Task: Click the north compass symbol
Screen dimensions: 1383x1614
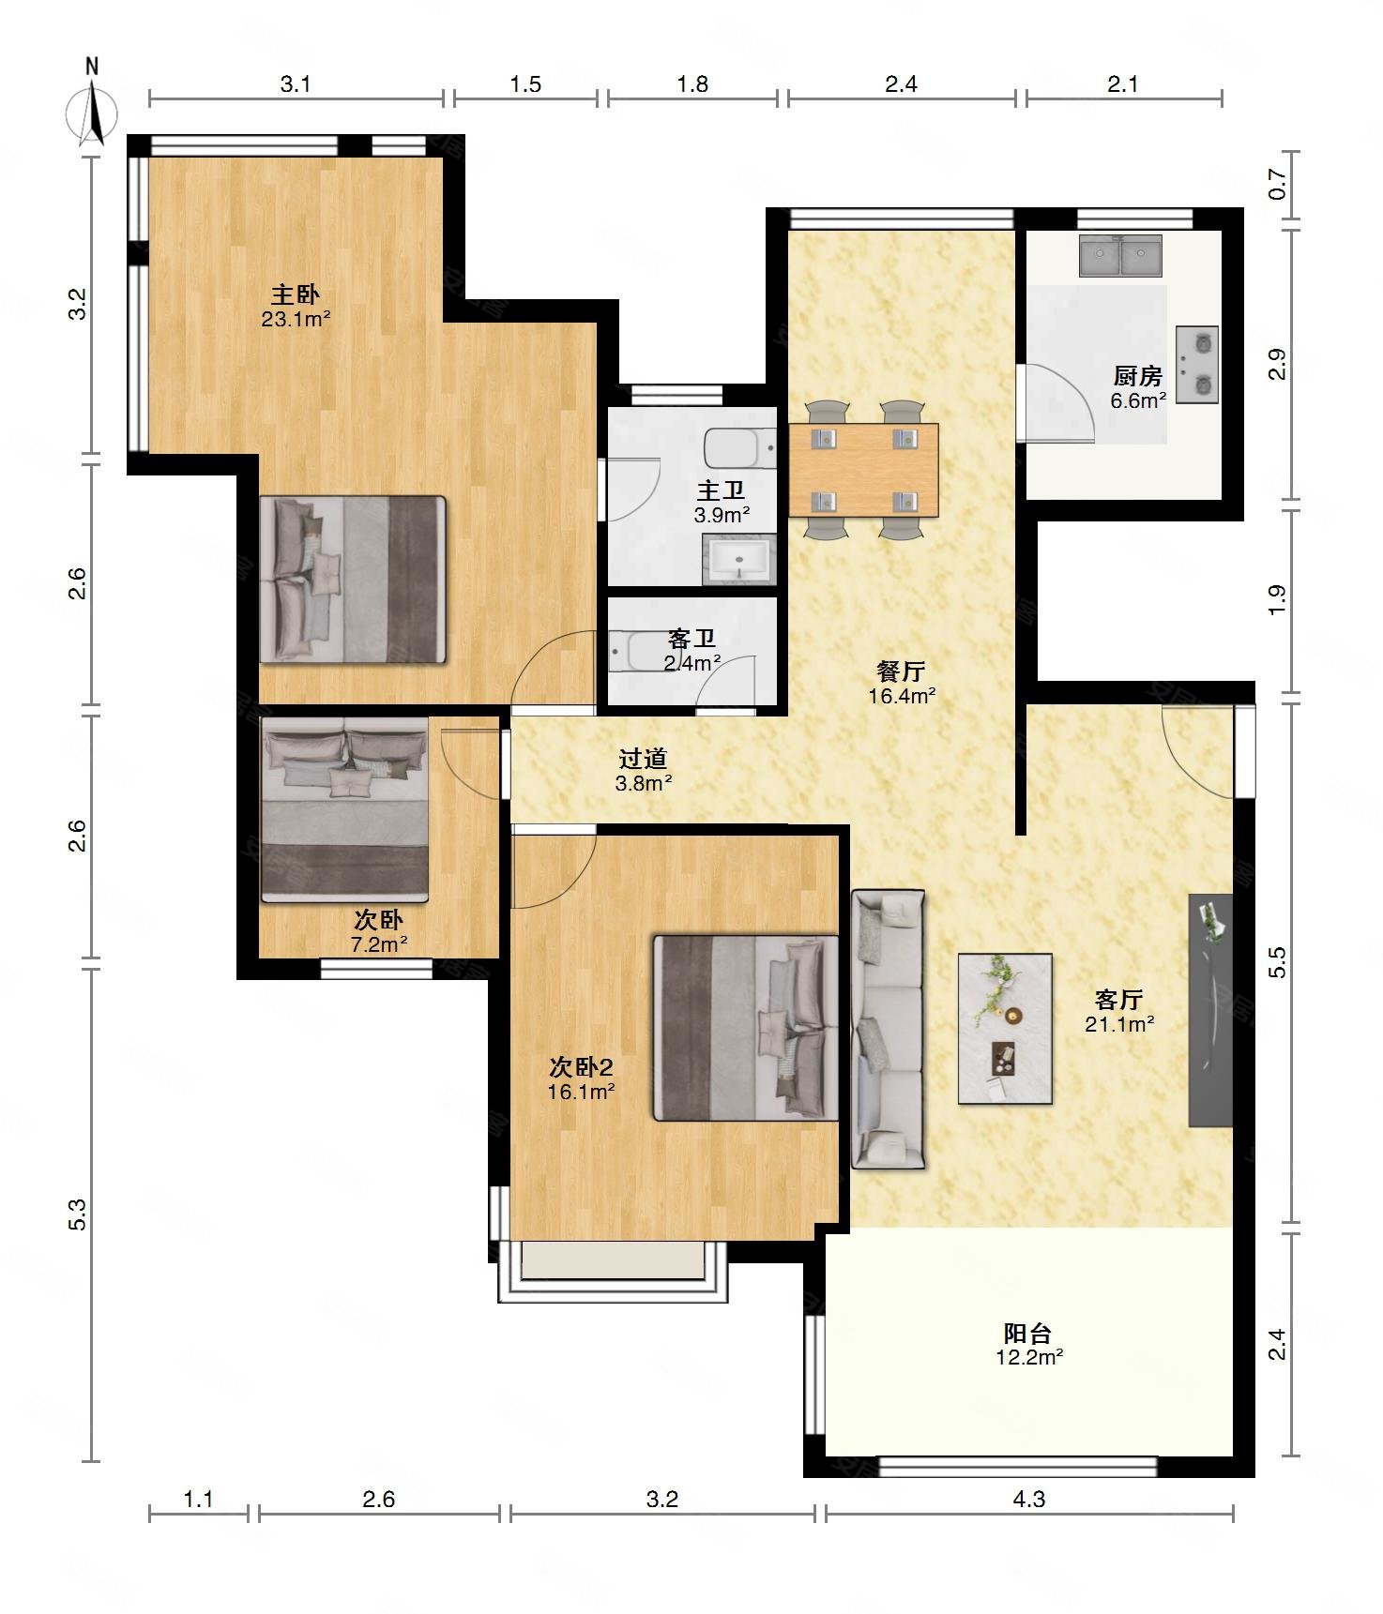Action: [91, 105]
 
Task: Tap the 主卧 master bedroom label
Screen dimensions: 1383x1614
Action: [296, 294]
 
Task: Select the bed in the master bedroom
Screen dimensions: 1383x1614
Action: [352, 580]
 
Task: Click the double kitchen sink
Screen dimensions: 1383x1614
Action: [1120, 255]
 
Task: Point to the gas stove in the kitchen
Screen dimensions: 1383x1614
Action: [1197, 364]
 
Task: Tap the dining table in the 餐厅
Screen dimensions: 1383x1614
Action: [863, 470]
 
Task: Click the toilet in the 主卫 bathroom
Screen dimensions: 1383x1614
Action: [740, 448]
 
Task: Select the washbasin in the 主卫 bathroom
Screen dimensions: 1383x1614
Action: [739, 559]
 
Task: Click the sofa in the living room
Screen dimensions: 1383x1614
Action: [888, 1029]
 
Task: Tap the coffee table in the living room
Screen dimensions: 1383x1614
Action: [1005, 1029]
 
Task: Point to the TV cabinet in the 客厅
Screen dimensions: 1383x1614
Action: [1210, 1010]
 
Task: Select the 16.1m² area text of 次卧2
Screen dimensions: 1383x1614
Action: [582, 1092]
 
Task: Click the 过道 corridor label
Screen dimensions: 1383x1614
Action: [643, 758]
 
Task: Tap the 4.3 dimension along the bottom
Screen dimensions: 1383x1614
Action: [1028, 1499]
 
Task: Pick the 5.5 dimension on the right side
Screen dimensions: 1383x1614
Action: [1277, 963]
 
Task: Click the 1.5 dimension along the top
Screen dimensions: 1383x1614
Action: [525, 84]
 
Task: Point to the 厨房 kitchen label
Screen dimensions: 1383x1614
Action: [1138, 376]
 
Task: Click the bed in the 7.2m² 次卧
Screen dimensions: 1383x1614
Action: [344, 809]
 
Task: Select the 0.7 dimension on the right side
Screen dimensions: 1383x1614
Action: [1277, 183]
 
